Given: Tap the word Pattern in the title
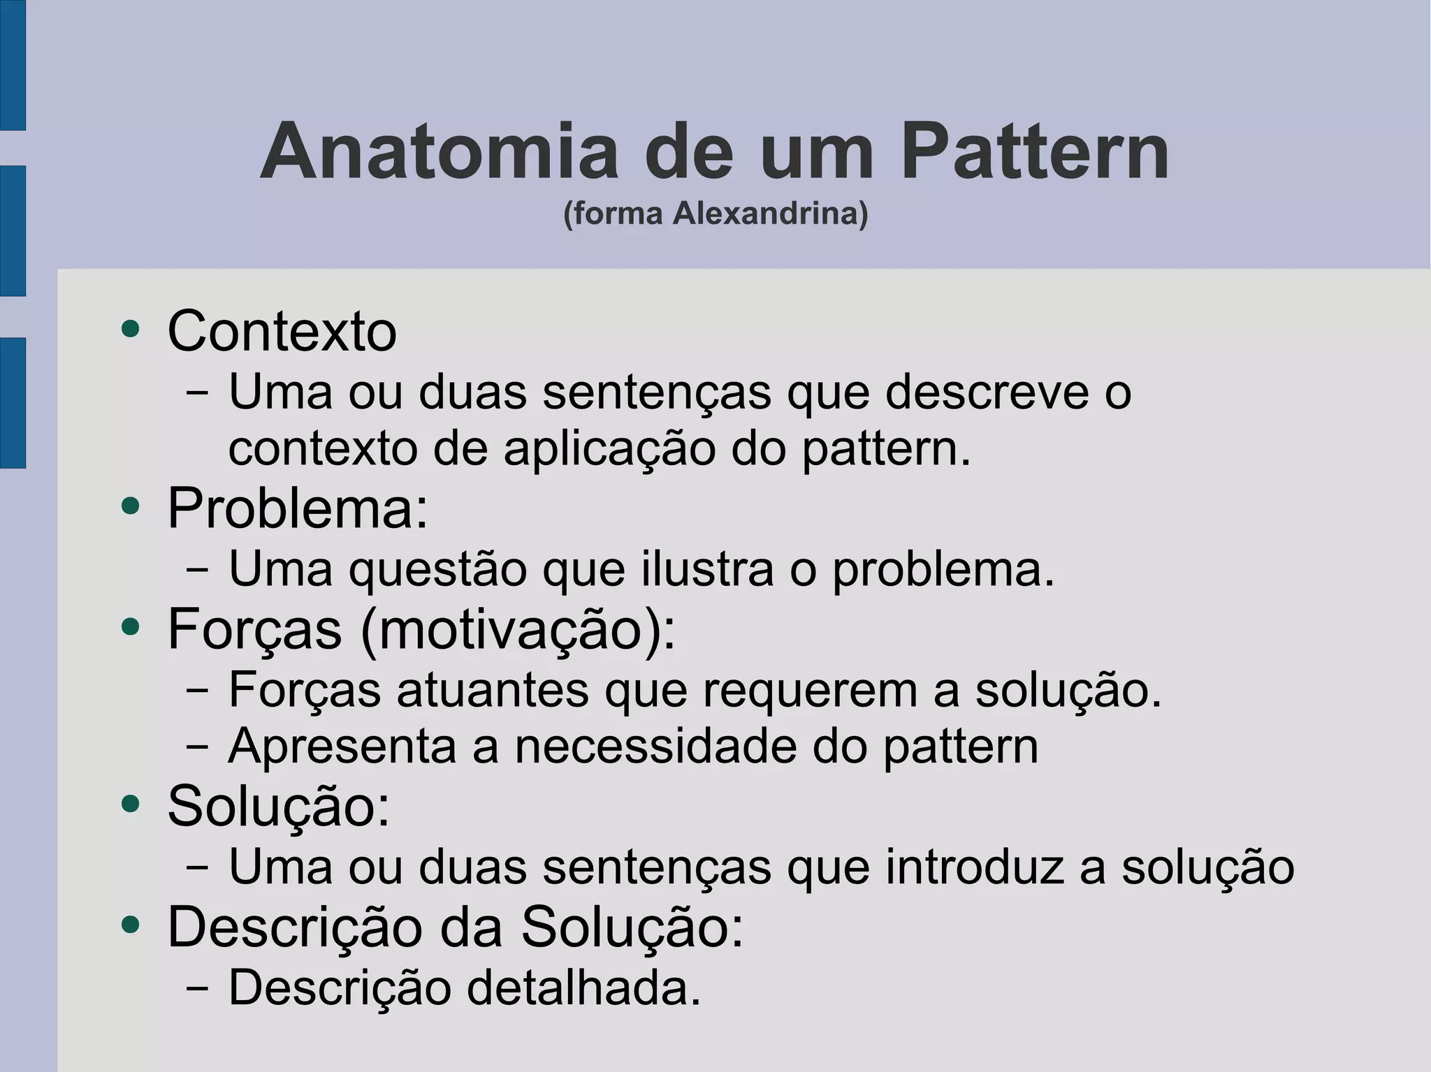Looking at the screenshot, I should click(x=1035, y=152).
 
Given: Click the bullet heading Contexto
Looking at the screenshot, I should click(x=282, y=330).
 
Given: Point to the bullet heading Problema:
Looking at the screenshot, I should click(x=298, y=508).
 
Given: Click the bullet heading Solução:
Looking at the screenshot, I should click(x=279, y=806).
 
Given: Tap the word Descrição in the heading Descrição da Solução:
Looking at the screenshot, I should click(x=294, y=927).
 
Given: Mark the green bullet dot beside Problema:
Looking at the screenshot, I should click(x=131, y=506).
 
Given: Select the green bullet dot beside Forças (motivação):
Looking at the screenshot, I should click(x=131, y=626).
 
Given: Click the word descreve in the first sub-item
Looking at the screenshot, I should click(x=987, y=392).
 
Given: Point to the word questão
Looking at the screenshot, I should click(x=437, y=570).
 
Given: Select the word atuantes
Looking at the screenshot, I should click(x=493, y=690).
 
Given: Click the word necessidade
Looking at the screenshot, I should click(x=655, y=746).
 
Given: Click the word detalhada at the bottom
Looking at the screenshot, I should click(x=583, y=987).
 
